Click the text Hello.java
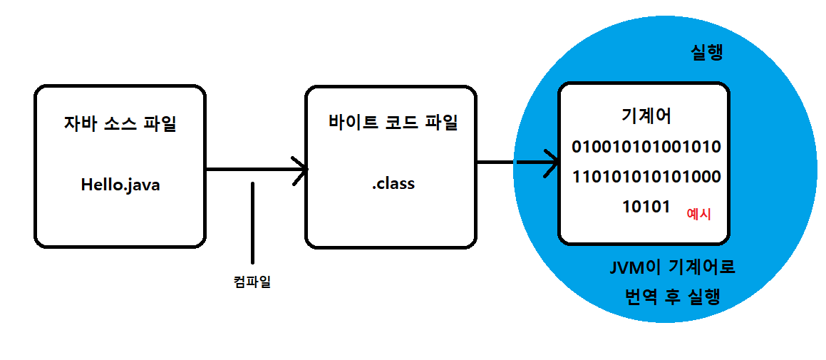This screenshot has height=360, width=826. [120, 185]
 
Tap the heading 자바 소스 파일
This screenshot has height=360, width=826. [120, 124]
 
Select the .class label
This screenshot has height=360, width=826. [393, 184]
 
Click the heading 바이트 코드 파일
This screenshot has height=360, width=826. [392, 122]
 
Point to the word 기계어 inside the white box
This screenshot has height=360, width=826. [646, 117]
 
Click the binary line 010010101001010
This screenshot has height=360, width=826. [646, 148]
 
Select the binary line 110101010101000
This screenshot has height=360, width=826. [646, 177]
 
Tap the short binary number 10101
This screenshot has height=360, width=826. [646, 207]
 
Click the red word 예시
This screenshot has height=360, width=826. [698, 212]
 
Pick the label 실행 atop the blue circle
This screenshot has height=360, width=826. [706, 53]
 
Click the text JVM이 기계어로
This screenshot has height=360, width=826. [672, 269]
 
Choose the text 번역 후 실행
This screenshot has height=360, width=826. [672, 297]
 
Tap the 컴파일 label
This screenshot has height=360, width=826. [253, 282]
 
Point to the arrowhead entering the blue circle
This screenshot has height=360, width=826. [552, 163]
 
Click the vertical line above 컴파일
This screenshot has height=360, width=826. [252, 222]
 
